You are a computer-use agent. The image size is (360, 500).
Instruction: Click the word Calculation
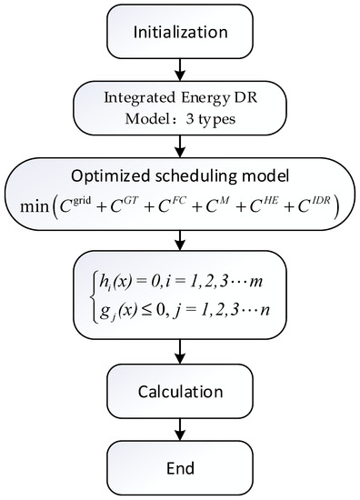[180, 392]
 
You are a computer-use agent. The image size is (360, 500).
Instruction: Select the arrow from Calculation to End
[180, 429]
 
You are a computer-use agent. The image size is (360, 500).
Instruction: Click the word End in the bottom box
[180, 465]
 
